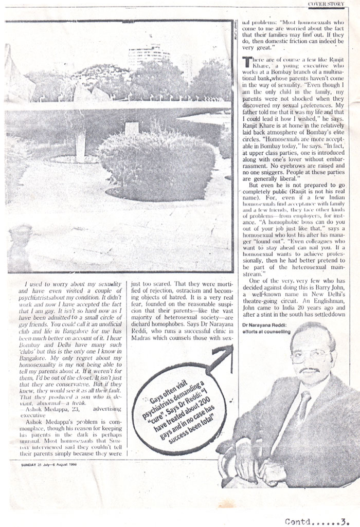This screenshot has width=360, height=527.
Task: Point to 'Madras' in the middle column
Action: tap(143, 339)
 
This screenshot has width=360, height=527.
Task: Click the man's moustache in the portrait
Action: tap(309, 369)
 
